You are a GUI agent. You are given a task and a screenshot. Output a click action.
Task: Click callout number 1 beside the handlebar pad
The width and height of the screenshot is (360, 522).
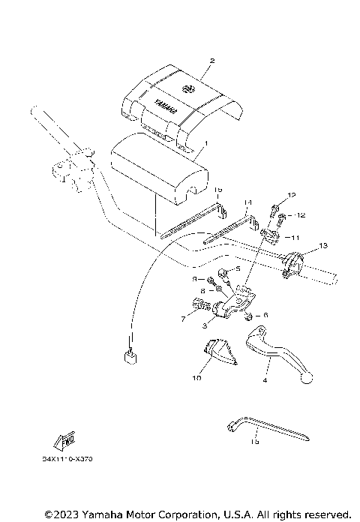205,142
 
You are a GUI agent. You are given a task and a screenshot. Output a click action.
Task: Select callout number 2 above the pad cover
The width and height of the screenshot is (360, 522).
212,61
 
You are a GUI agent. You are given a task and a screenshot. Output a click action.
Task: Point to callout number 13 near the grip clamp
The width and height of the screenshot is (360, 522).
323,246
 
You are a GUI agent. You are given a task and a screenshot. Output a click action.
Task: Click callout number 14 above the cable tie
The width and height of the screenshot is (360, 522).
248,203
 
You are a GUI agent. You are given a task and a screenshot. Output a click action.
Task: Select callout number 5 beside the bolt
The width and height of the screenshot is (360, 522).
238,268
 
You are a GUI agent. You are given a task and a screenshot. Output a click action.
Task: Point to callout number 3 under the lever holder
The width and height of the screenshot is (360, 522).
204,327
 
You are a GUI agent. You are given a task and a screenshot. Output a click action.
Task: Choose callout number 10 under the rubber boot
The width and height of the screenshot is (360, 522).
196,379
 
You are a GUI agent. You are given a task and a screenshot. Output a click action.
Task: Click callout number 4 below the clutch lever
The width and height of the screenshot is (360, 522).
265,381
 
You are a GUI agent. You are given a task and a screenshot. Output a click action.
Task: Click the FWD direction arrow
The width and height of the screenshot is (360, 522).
62,442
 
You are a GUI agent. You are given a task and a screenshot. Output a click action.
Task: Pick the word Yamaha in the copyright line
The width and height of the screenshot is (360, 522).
95,514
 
